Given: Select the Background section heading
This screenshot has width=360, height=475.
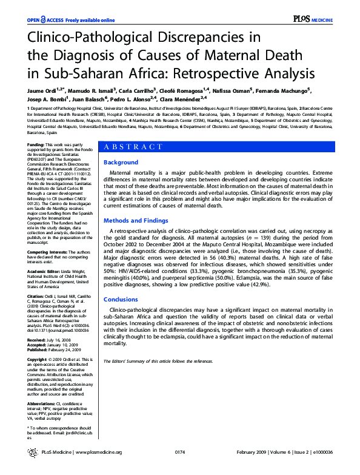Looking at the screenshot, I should click(121, 163).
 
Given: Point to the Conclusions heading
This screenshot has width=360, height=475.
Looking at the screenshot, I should click(121, 300).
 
